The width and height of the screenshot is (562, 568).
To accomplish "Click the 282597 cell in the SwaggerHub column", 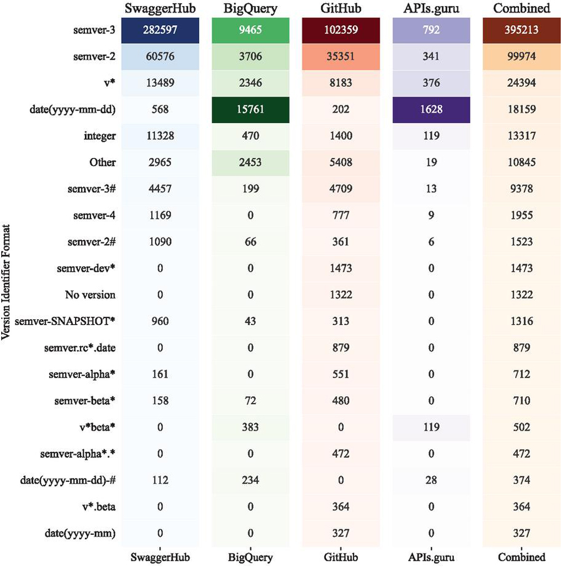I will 161,31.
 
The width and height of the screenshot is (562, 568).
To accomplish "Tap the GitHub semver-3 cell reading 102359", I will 341,31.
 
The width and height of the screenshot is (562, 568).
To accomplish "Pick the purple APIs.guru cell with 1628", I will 430,110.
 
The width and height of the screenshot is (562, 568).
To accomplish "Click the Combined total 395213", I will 521,31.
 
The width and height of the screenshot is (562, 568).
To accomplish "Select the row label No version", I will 91,295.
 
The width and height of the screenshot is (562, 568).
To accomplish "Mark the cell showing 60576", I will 161,57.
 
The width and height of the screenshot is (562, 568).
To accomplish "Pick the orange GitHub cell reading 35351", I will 341,57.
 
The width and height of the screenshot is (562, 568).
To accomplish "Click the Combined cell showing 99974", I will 521,57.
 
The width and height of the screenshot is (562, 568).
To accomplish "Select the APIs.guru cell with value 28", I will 430,480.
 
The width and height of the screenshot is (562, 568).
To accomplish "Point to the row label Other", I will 103,162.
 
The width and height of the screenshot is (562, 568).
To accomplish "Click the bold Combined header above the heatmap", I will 521,8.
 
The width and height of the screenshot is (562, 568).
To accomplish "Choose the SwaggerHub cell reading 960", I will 161,321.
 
